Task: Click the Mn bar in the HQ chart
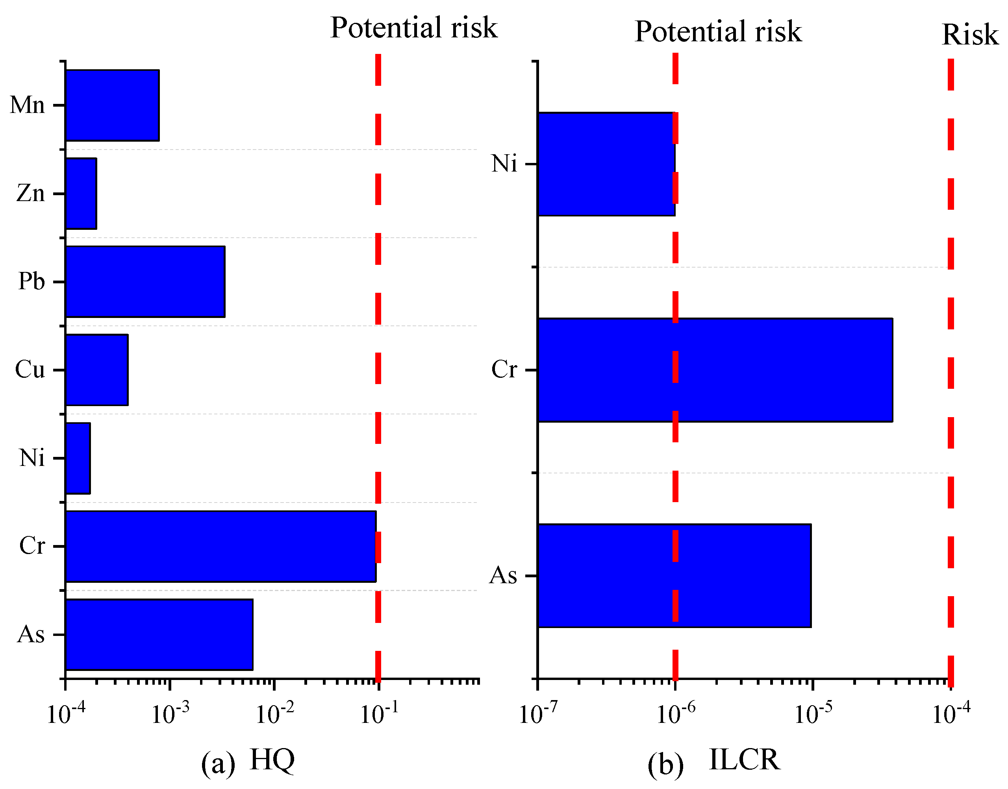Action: [x=112, y=105]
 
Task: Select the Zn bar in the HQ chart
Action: [x=81, y=194]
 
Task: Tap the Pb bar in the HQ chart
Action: [x=145, y=282]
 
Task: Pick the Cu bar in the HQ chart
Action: [x=96, y=370]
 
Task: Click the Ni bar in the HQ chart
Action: [x=78, y=458]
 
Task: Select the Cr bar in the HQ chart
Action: [x=220, y=547]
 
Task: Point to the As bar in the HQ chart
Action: [x=159, y=635]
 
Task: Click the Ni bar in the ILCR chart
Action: [x=606, y=164]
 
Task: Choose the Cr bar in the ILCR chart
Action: [x=715, y=370]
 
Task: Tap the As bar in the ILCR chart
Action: [x=674, y=576]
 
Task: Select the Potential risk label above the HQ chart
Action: [x=414, y=28]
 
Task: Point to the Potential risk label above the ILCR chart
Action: [x=718, y=31]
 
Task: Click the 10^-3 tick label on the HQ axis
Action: [x=170, y=714]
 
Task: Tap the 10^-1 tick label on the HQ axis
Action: [x=379, y=714]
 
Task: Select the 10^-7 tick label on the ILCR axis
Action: [x=537, y=714]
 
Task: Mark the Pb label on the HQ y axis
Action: [x=31, y=281]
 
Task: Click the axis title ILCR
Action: [x=744, y=759]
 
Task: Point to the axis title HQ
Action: [x=272, y=759]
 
